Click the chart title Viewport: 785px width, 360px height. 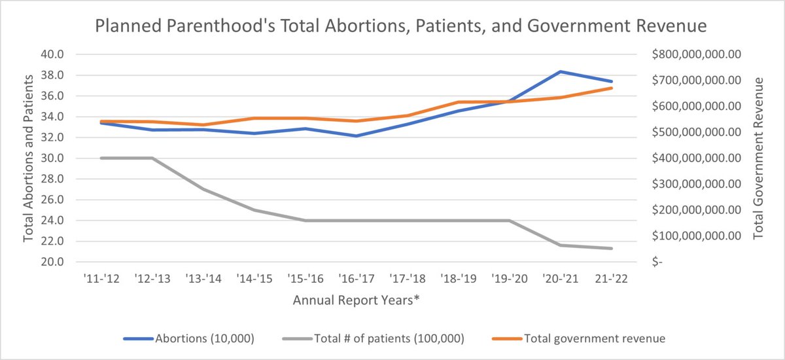[x=401, y=27]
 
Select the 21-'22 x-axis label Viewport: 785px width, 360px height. [x=612, y=278]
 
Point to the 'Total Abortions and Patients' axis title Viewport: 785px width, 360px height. [x=29, y=158]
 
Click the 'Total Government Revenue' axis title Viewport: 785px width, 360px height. [x=759, y=158]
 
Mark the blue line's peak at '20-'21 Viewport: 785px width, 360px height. [x=561, y=71]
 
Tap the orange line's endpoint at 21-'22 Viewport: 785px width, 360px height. [x=612, y=88]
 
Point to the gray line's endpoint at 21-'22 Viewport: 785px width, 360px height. [x=612, y=248]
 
